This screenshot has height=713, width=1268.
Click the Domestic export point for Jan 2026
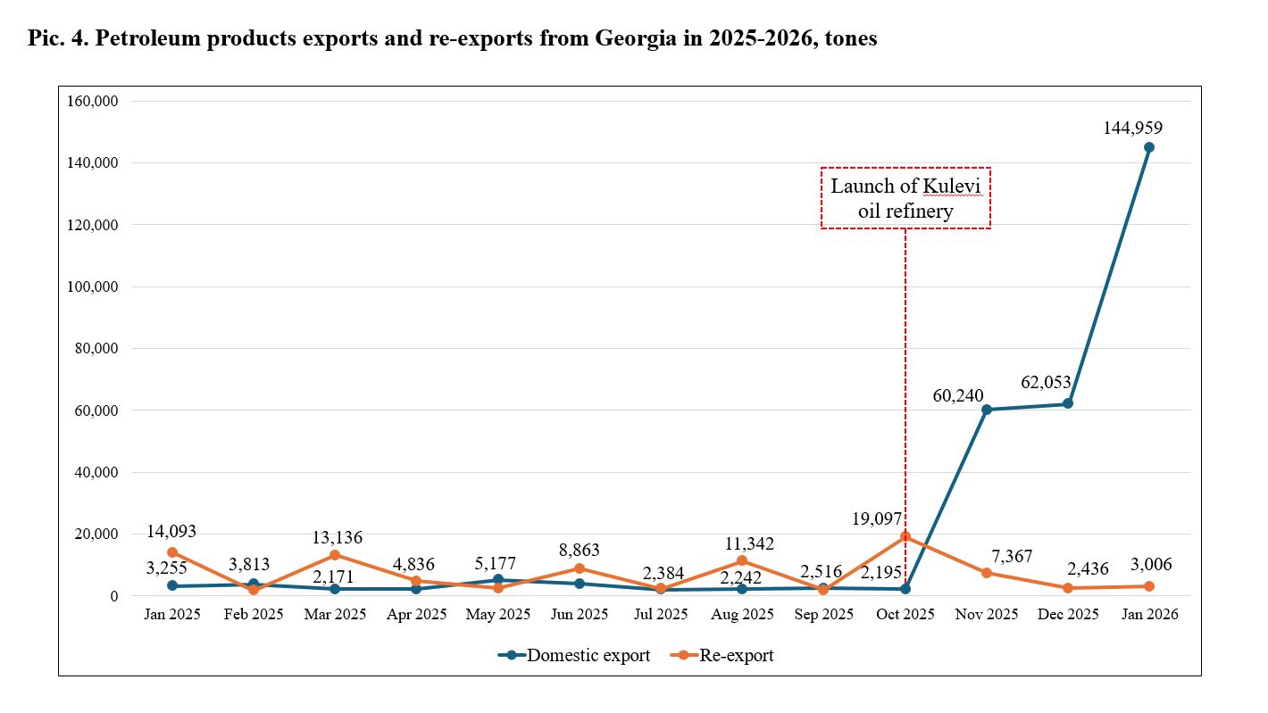pyautogui.click(x=1148, y=147)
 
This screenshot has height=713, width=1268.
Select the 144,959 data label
pyautogui.click(x=1133, y=128)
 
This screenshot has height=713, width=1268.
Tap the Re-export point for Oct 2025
pyautogui.click(x=905, y=536)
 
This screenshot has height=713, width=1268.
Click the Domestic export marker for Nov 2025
pyautogui.click(x=986, y=410)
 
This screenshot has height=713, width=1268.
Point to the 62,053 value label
pyautogui.click(x=1046, y=383)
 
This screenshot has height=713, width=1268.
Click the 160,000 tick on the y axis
pyautogui.click(x=94, y=101)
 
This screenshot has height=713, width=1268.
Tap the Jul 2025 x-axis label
pyautogui.click(x=661, y=614)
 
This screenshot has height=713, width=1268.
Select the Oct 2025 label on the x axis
pyautogui.click(x=905, y=614)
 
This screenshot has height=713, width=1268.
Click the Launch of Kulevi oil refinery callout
pyautogui.click(x=905, y=198)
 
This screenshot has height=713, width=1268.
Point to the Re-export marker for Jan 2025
pyautogui.click(x=172, y=552)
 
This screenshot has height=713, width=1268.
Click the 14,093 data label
pyautogui.click(x=172, y=532)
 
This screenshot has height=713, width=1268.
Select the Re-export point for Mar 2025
pyautogui.click(x=335, y=555)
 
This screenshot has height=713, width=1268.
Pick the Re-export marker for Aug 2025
pyautogui.click(x=741, y=560)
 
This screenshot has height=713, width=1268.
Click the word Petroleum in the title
pyautogui.click(x=145, y=39)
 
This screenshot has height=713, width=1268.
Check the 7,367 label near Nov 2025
pyautogui.click(x=1010, y=556)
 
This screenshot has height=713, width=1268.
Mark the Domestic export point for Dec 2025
pyautogui.click(x=1068, y=404)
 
